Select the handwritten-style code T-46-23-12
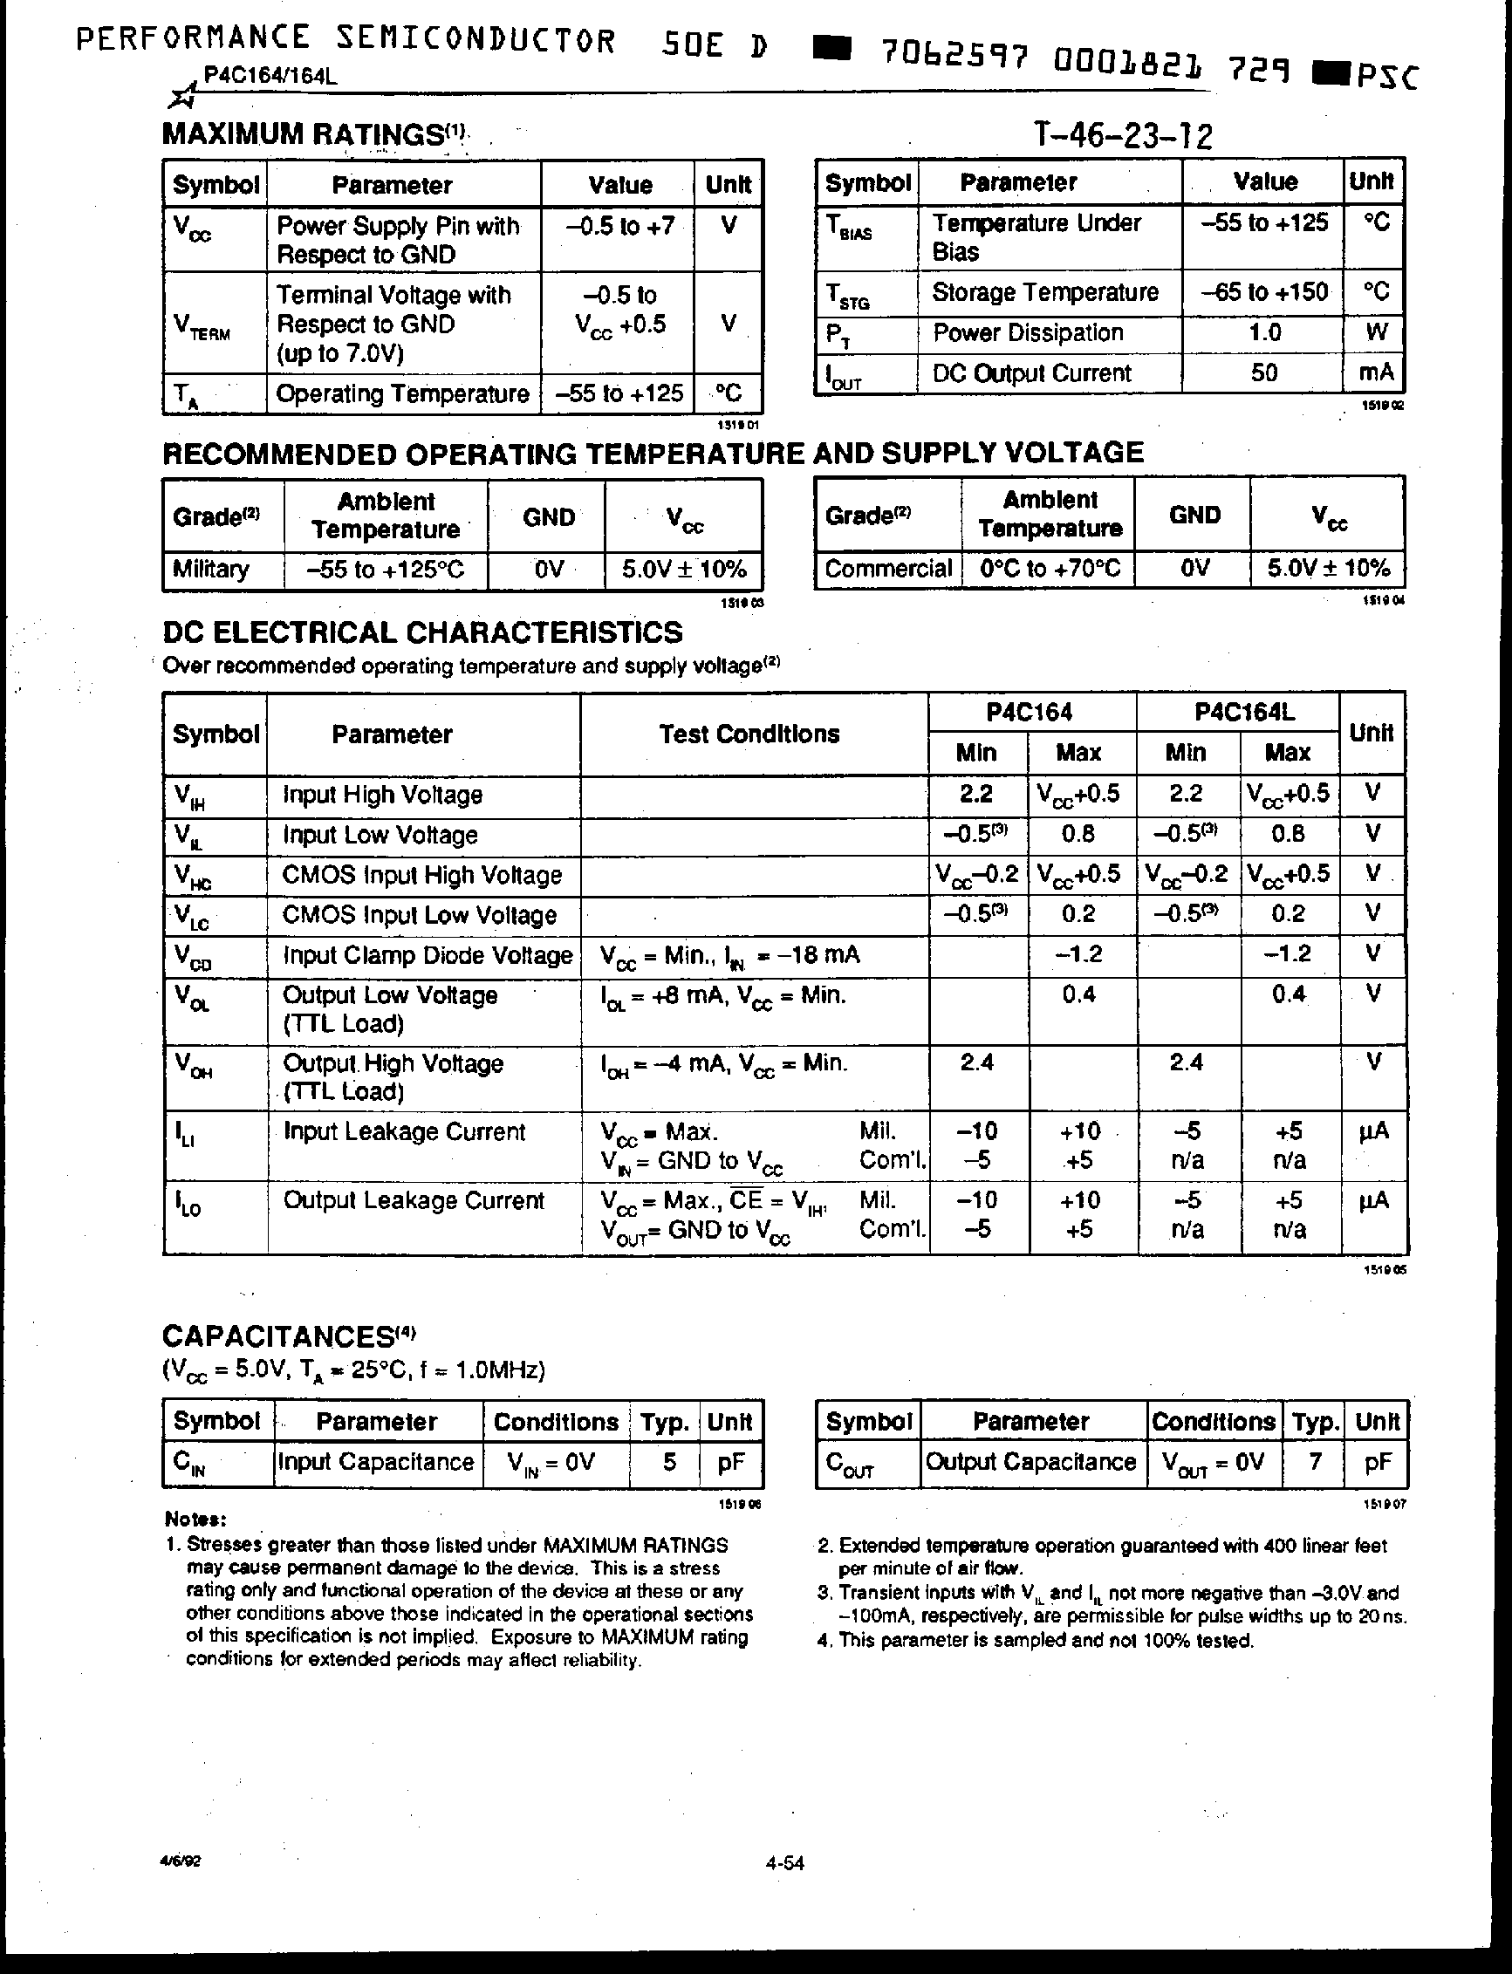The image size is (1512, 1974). (1122, 136)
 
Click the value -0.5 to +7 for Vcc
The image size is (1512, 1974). (620, 225)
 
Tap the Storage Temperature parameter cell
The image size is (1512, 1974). (1044, 292)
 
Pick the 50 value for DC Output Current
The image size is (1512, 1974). (1263, 372)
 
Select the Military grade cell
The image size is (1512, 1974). (210, 570)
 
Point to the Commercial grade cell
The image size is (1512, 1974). (887, 569)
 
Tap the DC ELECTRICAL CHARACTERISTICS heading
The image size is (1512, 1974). (422, 632)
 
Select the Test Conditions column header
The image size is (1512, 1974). (749, 734)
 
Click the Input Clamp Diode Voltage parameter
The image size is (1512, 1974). (427, 955)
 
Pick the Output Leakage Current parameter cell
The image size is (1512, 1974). (413, 1200)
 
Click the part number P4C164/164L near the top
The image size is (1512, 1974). (270, 76)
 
